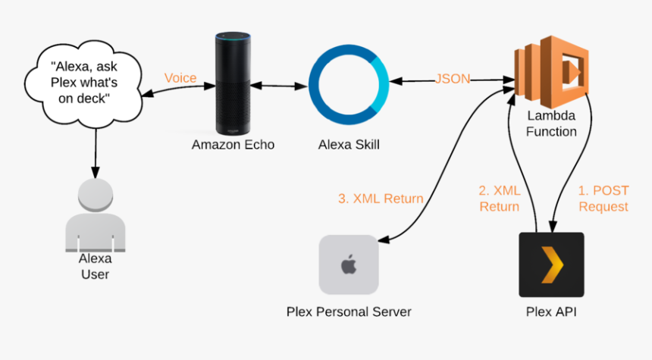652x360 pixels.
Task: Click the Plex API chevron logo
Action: click(551, 265)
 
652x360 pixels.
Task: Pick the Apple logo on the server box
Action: click(349, 265)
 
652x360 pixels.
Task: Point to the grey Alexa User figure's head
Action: click(96, 196)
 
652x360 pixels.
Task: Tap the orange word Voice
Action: click(180, 78)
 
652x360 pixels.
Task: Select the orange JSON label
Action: click(453, 79)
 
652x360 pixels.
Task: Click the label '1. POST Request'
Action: click(603, 199)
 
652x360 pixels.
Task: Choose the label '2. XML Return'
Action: click(499, 199)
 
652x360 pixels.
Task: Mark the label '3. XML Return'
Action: click(381, 199)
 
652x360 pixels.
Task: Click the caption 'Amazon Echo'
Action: click(232, 144)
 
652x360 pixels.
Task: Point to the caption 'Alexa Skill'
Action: click(349, 144)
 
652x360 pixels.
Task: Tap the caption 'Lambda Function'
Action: click(551, 124)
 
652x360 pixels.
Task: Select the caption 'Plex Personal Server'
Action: click(349, 311)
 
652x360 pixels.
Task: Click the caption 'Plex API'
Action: click(551, 311)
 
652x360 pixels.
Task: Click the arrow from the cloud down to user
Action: click(96, 148)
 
